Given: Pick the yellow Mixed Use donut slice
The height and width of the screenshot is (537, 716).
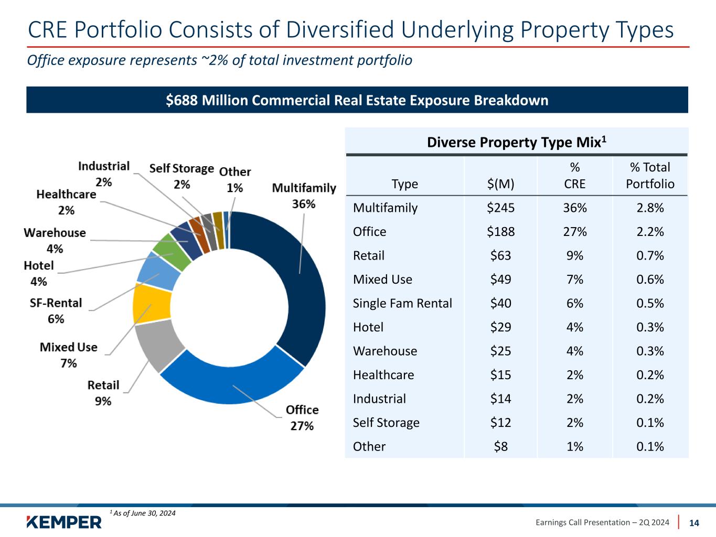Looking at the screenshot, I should click(152, 303).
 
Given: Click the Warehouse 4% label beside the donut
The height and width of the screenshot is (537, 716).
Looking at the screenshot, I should click(55, 240).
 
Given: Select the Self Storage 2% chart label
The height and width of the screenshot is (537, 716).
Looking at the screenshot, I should click(181, 176).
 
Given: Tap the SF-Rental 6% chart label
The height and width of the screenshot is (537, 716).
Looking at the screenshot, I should click(56, 310).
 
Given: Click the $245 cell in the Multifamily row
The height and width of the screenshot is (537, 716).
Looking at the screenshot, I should click(500, 208).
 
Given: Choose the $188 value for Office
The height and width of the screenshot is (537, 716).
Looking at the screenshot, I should click(500, 232).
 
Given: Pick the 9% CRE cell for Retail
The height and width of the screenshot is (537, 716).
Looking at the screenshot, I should click(574, 255).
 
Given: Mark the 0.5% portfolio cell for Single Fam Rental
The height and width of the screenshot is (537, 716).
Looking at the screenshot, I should click(650, 303).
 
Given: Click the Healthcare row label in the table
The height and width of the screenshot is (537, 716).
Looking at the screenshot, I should click(383, 375).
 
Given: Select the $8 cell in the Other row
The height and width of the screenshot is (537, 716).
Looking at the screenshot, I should click(500, 446).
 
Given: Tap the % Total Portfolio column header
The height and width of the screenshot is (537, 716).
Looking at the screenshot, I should click(650, 175).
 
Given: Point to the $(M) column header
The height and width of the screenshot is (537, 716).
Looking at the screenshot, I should click(500, 184).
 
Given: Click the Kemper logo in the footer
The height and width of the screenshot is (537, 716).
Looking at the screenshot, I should click(64, 522).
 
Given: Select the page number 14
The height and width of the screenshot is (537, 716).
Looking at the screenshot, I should click(694, 523).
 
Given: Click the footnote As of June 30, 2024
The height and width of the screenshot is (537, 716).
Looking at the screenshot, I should click(143, 513).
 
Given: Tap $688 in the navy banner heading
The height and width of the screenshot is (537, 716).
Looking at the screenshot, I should click(181, 100).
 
